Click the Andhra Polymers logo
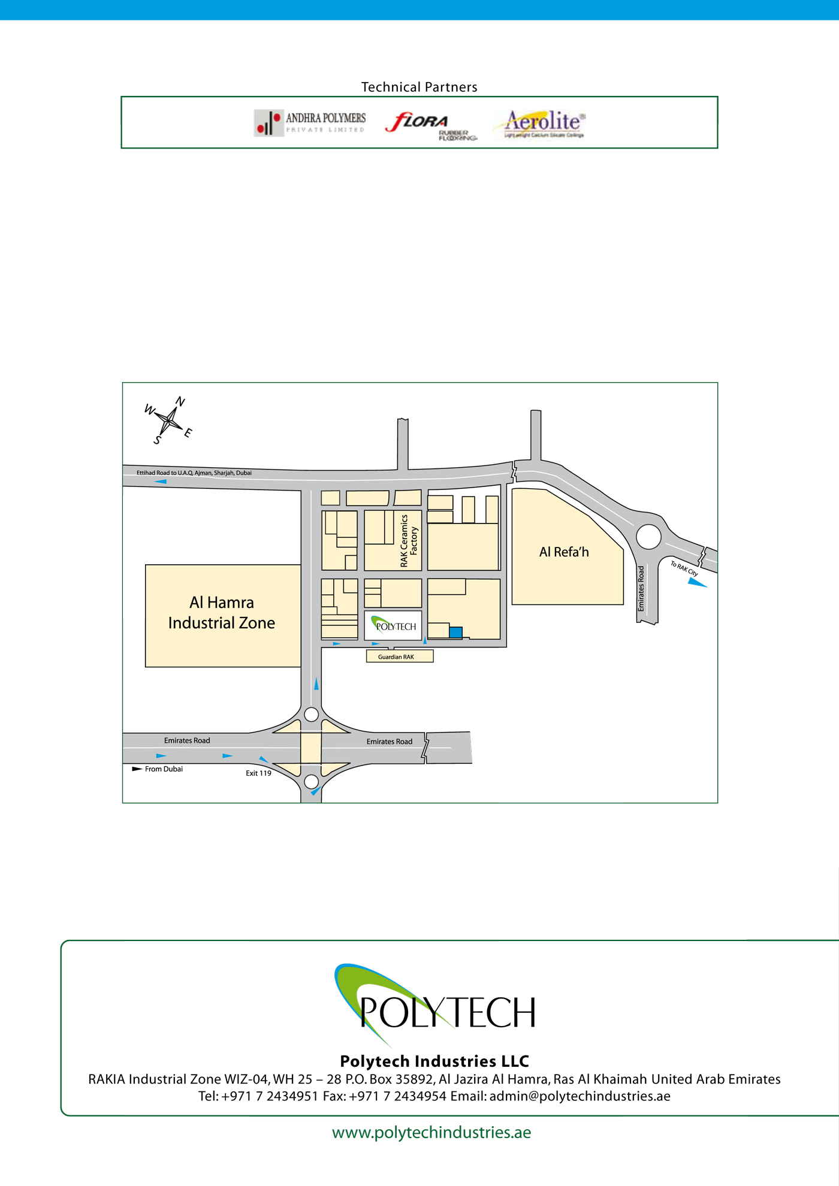click(310, 122)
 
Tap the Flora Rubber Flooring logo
click(430, 125)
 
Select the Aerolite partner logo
click(539, 123)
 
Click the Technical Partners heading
click(419, 87)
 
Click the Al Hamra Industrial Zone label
click(222, 613)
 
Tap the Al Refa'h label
click(564, 552)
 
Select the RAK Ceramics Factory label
click(408, 541)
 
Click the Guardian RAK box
click(399, 656)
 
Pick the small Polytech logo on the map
click(393, 625)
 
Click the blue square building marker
click(455, 632)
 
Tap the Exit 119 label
click(258, 773)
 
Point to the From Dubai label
click(164, 769)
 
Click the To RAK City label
click(684, 568)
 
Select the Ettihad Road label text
click(194, 473)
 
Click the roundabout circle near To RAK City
click(648, 537)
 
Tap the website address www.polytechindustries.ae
click(431, 1133)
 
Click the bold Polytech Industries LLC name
click(434, 1061)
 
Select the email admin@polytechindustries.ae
click(580, 1096)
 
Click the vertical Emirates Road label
click(641, 588)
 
